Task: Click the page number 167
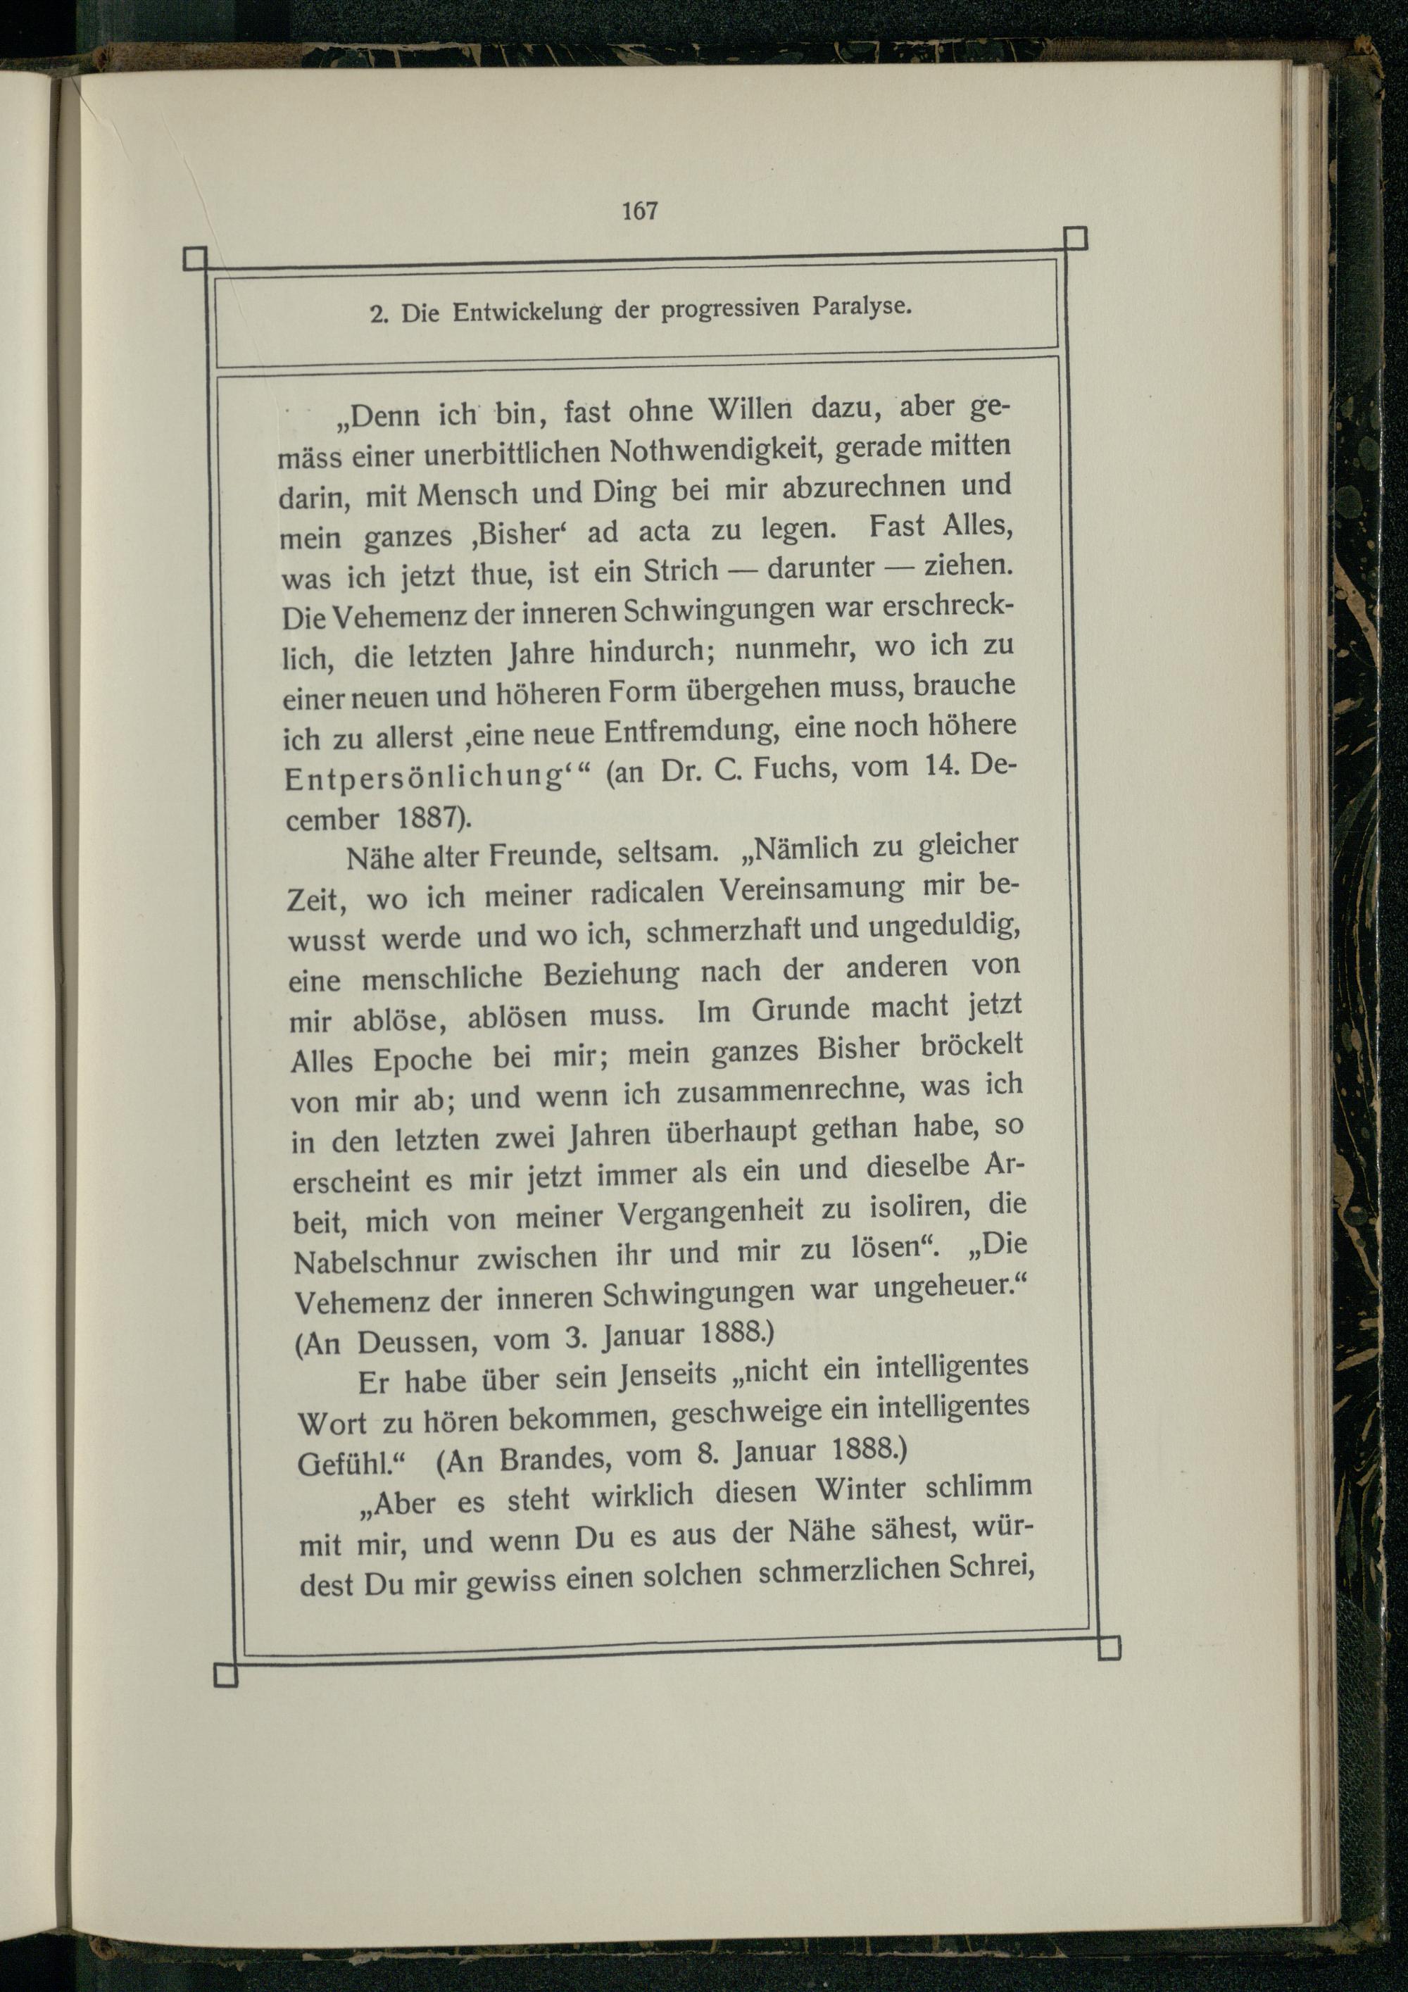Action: pos(639,211)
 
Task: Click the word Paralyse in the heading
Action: pos(862,306)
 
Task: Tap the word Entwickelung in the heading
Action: pos(527,311)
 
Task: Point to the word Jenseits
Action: pos(668,1374)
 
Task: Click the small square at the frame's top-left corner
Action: pos(195,258)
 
